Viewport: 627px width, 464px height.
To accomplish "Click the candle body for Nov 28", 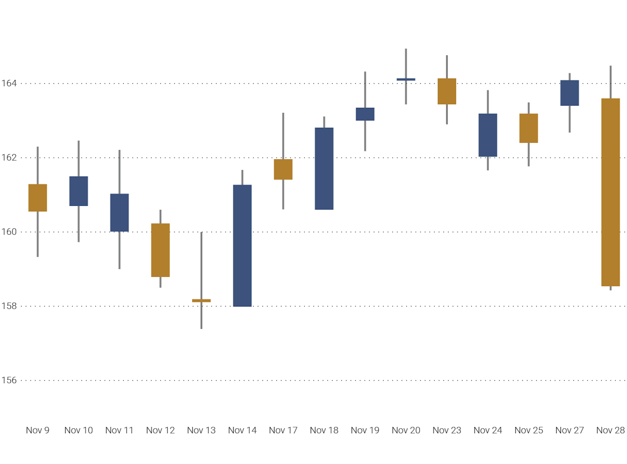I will coord(611,192).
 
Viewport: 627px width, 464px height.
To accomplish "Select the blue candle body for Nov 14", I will coord(242,246).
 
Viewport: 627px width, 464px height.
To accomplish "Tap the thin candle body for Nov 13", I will coord(201,300).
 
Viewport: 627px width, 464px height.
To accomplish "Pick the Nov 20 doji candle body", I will coord(406,79).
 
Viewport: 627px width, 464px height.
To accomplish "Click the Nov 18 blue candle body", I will coord(324,169).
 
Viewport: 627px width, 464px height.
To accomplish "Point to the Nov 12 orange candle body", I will coord(160,250).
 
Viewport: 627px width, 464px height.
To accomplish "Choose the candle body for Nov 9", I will coord(38,198).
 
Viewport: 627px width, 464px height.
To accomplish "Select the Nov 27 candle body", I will coord(570,93).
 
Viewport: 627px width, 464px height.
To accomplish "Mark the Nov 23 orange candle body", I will coord(447,91).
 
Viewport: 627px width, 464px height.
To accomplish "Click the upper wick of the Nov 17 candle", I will coord(283,136).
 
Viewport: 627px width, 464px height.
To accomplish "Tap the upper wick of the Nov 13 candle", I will coord(201,265).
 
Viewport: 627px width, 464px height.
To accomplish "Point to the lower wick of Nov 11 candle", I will coord(119,250).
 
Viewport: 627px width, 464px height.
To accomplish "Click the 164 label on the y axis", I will coord(9,83).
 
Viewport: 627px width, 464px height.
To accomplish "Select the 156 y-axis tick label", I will coord(9,380).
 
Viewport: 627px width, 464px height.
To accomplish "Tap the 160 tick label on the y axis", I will coord(9,232).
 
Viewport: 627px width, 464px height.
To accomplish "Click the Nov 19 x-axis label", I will coord(365,430).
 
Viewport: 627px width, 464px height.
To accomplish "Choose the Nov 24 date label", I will coord(488,430).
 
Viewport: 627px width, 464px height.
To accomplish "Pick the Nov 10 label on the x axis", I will coord(78,430).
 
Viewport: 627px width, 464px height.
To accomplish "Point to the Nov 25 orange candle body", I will coord(529,128).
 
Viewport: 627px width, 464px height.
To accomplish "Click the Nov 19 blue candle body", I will coord(365,114).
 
